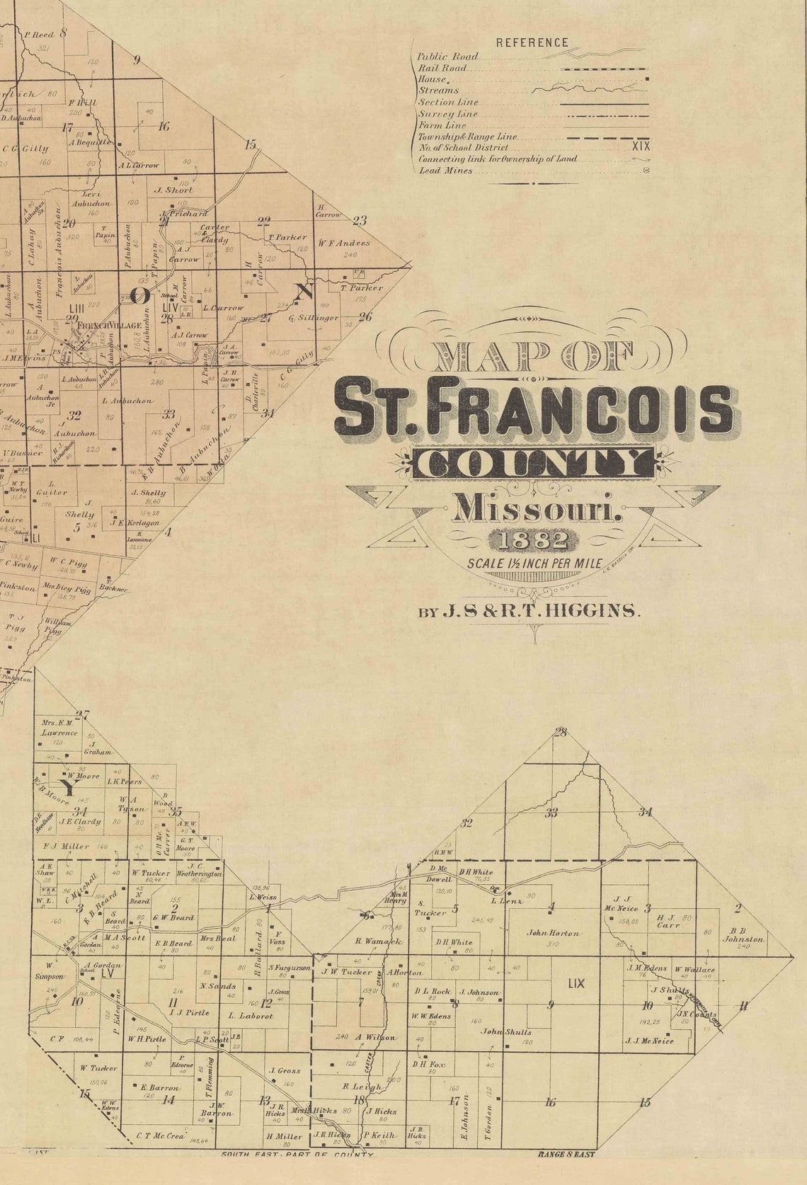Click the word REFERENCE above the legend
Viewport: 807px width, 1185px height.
pyautogui.click(x=532, y=42)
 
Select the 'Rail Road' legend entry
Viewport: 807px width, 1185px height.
pyautogui.click(x=442, y=68)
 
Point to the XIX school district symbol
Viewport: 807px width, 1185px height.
pyautogui.click(x=639, y=148)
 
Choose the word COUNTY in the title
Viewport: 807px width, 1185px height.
pyautogui.click(x=535, y=464)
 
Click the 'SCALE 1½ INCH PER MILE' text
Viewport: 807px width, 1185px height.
pyautogui.click(x=534, y=564)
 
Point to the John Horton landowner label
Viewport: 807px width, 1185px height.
pyautogui.click(x=553, y=933)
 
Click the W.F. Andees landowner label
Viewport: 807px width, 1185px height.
pyautogui.click(x=344, y=244)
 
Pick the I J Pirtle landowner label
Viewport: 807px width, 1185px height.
pyautogui.click(x=190, y=1012)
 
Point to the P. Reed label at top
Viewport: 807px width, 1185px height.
pyautogui.click(x=39, y=34)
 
